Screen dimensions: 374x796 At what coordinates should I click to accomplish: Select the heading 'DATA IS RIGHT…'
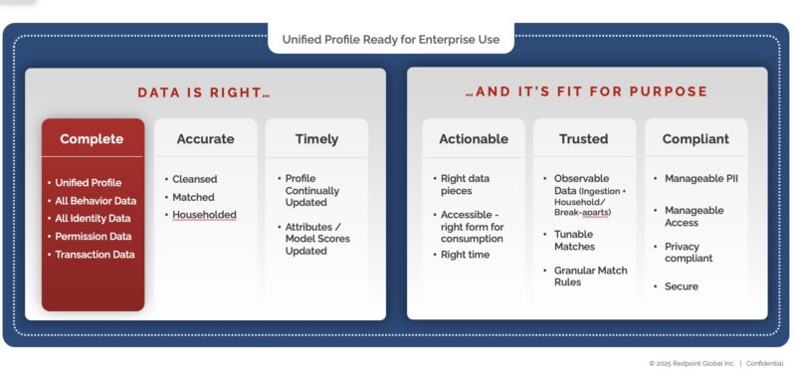[204, 93]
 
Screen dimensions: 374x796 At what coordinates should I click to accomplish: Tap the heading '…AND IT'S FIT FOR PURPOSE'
[586, 93]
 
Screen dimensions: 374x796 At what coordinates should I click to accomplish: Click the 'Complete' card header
[92, 139]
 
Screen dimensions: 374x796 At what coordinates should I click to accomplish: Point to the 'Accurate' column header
[205, 139]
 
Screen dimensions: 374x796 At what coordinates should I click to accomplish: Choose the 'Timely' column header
[316, 139]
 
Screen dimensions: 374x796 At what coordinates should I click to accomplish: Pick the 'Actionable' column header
[473, 139]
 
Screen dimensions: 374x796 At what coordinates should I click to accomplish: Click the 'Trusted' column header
[583, 139]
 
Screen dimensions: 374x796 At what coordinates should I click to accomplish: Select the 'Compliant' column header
[696, 139]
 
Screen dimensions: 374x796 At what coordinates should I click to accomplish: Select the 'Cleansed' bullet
[194, 179]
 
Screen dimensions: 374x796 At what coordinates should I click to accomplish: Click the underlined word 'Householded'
[204, 215]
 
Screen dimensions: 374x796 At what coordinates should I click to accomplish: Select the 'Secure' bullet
[682, 286]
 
